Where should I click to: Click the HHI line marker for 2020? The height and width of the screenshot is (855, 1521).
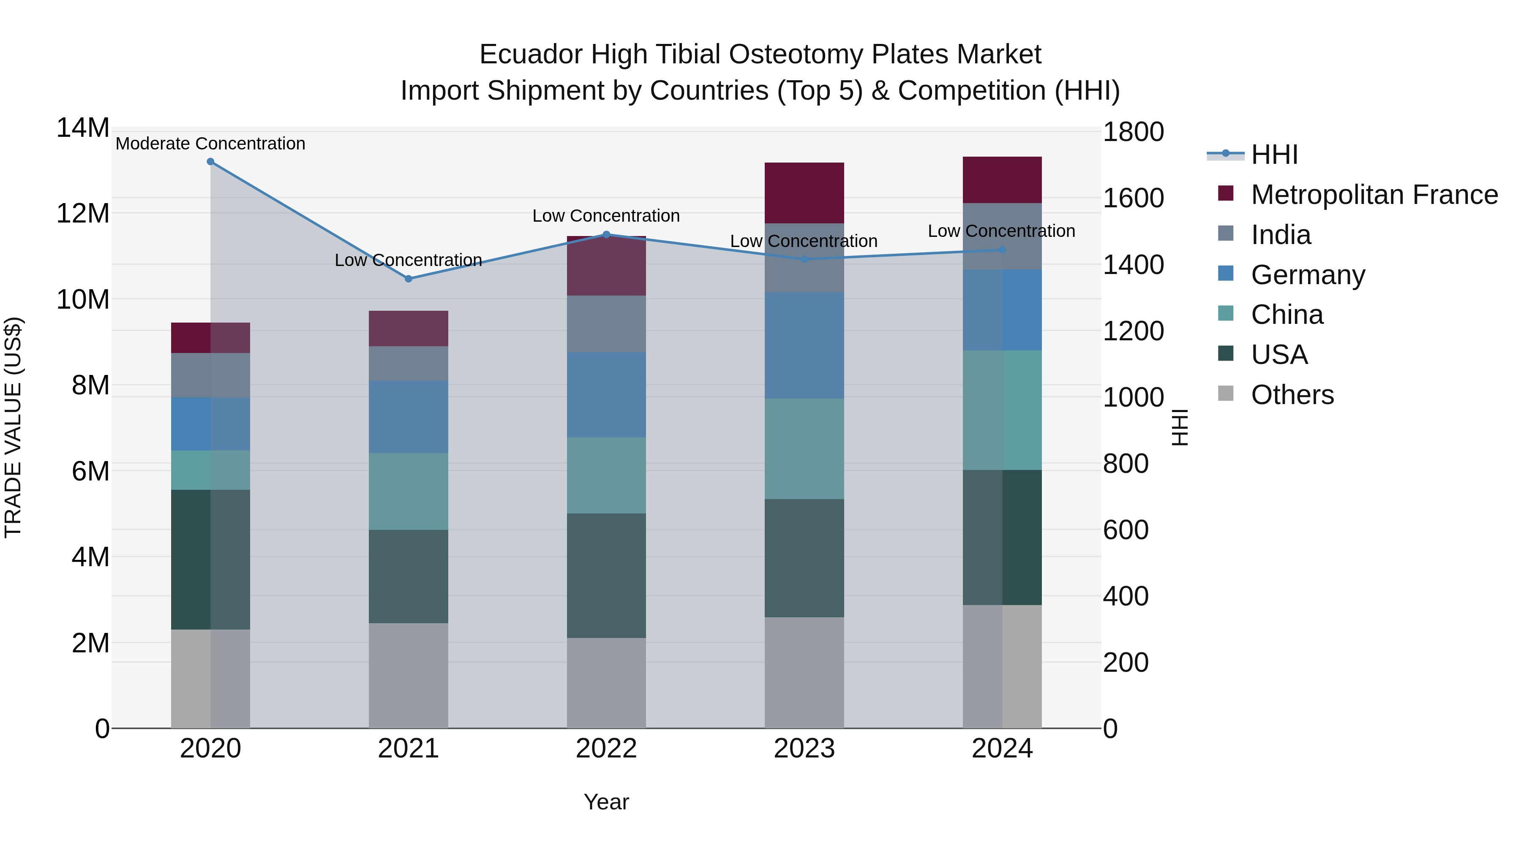pyautogui.click(x=210, y=162)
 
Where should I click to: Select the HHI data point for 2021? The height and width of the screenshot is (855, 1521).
pyautogui.click(x=408, y=279)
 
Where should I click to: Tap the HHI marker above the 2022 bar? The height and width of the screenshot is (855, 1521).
pyautogui.click(x=606, y=234)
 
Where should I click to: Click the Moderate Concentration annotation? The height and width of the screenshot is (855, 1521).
pyautogui.click(x=210, y=144)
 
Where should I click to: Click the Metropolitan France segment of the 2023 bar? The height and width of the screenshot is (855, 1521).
pyautogui.click(x=804, y=193)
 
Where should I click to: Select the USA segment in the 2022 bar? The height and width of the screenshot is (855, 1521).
pyautogui.click(x=606, y=575)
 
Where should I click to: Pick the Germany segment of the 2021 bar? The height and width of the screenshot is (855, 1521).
pyautogui.click(x=408, y=417)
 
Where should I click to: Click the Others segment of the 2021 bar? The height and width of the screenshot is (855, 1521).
pyautogui.click(x=408, y=675)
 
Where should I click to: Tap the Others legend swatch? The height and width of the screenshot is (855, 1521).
pyautogui.click(x=1225, y=394)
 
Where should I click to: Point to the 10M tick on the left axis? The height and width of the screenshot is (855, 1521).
pyautogui.click(x=83, y=300)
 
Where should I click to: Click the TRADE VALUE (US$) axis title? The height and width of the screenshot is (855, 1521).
pyautogui.click(x=13, y=427)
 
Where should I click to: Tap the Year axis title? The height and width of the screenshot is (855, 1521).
pyautogui.click(x=606, y=802)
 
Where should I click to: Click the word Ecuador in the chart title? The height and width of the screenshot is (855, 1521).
pyautogui.click(x=530, y=54)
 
